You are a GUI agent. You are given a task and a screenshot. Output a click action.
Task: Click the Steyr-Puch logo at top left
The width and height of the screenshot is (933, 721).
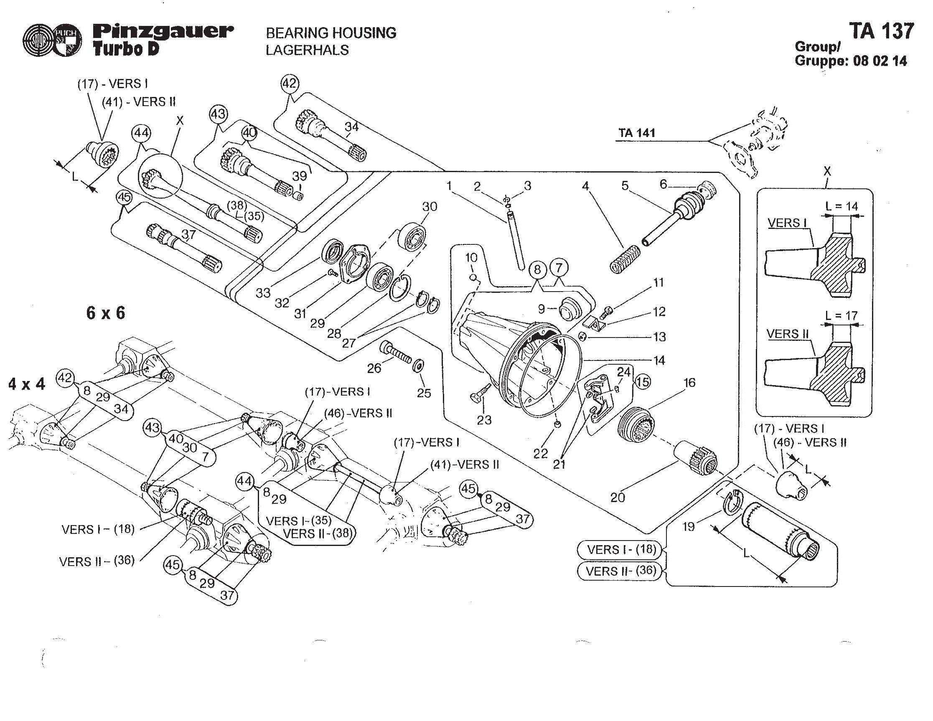52,41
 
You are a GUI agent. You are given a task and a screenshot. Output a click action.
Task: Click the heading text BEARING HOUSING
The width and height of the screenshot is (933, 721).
331,33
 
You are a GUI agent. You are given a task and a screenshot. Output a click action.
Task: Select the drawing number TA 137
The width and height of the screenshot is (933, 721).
881,31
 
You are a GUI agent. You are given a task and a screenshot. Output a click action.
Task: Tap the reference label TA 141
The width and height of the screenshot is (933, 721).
637,133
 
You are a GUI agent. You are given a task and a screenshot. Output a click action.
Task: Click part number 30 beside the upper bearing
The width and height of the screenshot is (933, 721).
430,207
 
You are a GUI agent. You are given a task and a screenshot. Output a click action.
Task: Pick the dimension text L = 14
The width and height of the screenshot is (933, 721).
842,206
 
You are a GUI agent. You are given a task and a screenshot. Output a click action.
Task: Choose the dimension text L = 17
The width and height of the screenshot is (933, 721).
841,316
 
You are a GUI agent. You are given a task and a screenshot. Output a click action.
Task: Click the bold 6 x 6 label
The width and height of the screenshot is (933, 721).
106,313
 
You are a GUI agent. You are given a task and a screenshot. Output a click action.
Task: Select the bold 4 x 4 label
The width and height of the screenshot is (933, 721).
26,384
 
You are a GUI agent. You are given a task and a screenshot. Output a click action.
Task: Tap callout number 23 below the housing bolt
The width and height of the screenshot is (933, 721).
484,420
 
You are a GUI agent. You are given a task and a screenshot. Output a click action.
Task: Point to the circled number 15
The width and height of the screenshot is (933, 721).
643,381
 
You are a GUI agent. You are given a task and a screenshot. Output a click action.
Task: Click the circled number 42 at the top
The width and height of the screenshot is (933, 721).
290,83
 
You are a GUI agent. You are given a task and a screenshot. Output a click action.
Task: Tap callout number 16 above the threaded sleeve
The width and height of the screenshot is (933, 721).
689,383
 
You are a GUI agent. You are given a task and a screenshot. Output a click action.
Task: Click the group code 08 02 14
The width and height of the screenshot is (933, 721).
880,61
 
